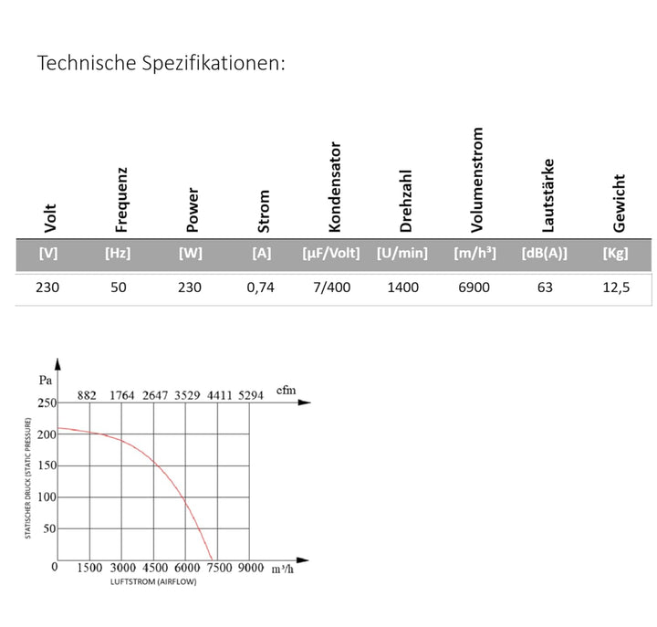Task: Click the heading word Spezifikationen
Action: click(x=214, y=64)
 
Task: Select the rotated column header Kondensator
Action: click(x=335, y=186)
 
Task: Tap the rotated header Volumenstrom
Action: click(x=477, y=180)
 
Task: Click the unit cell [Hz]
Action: click(x=118, y=253)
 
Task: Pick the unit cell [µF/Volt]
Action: click(x=331, y=253)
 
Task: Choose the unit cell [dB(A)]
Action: click(x=544, y=253)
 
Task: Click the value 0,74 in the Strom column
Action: click(x=260, y=287)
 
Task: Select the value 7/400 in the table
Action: click(x=332, y=287)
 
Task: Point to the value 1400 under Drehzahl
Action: click(x=402, y=287)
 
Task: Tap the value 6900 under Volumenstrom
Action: click(x=474, y=287)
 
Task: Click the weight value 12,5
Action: click(x=616, y=287)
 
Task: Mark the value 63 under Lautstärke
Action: click(x=545, y=287)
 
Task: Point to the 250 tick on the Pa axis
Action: click(x=47, y=402)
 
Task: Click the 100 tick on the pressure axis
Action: click(x=47, y=497)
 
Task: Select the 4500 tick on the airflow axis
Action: click(x=155, y=568)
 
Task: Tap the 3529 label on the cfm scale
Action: click(x=187, y=395)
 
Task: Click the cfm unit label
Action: click(x=287, y=391)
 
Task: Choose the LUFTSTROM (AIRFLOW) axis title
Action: click(x=153, y=581)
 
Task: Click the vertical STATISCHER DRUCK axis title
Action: click(x=28, y=478)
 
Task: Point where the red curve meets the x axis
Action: click(x=213, y=560)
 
